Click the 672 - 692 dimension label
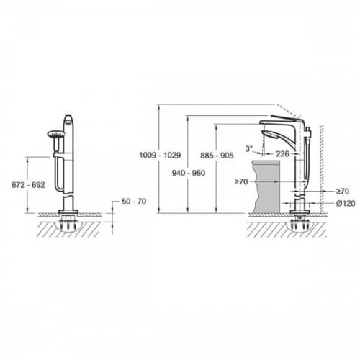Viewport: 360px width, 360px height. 28,185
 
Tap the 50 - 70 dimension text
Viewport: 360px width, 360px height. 134,202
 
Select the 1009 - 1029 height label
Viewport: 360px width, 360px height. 160,155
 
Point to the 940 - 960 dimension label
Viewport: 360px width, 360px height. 189,173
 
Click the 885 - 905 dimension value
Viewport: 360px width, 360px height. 217,156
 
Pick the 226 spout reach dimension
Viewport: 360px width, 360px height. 282,153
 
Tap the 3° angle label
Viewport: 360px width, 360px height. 249,149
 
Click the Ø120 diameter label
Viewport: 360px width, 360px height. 346,204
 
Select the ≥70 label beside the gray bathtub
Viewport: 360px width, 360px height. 241,181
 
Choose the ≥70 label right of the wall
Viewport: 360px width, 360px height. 343,192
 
